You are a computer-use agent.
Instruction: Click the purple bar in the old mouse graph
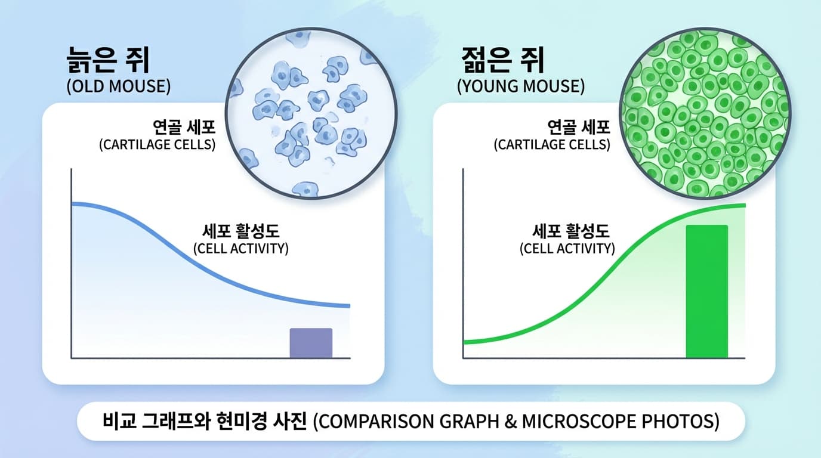[x=311, y=343]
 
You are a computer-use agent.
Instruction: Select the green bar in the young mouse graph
[x=706, y=291]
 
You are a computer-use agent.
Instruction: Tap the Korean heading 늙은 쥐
[x=108, y=60]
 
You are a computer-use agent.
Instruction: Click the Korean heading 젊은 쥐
[x=503, y=60]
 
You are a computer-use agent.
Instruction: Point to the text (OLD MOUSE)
[x=118, y=86]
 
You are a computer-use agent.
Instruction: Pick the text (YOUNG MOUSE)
[x=521, y=86]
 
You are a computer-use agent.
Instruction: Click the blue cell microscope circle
[x=311, y=113]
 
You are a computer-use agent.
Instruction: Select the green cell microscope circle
[x=705, y=113]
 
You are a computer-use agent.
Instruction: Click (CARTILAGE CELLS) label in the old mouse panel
[x=158, y=145]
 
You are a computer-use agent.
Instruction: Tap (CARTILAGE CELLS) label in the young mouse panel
[x=552, y=145]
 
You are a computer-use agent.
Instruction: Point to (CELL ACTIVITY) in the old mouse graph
[x=241, y=249]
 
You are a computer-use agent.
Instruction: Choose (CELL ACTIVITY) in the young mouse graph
[x=567, y=249]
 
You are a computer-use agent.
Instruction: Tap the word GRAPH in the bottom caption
[x=469, y=422]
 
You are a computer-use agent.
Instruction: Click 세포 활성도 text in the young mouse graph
[x=570, y=231]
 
